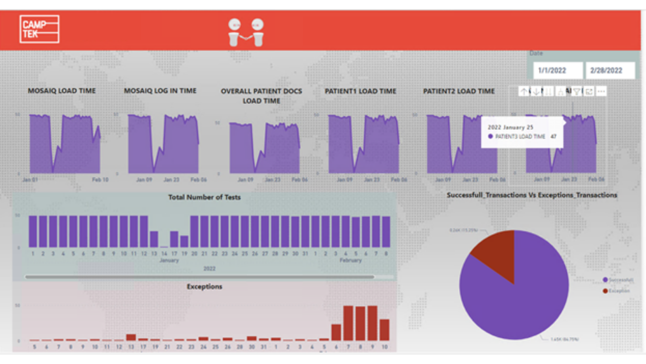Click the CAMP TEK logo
39,29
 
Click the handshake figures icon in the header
246,32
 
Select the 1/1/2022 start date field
558,70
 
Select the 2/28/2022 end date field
610,70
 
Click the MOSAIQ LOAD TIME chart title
62,91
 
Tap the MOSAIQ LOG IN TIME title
160,91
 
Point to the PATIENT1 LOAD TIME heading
361,91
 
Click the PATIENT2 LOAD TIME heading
459,91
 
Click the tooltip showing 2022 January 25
522,132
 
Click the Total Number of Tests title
204,197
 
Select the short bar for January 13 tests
154,239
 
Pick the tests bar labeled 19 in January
184,241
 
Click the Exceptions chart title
204,287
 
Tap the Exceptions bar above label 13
131,337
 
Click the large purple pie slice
521,299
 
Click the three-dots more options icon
601,91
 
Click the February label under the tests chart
350,260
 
